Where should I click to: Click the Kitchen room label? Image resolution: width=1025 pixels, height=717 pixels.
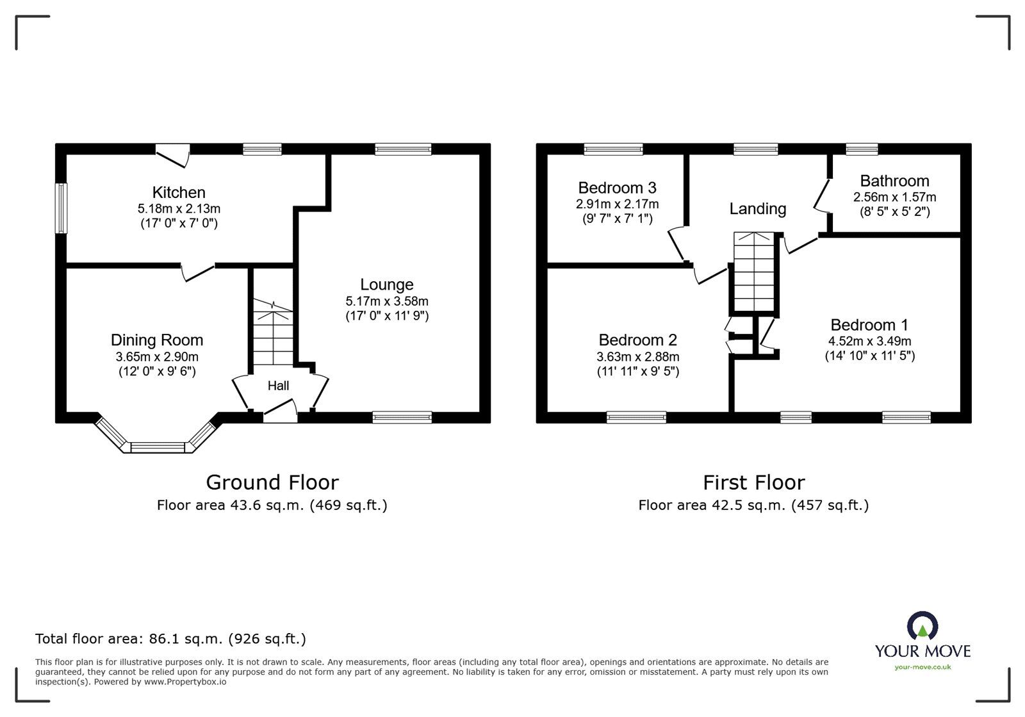[x=179, y=192]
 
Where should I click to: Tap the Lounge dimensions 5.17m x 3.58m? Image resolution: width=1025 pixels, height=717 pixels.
[x=387, y=301]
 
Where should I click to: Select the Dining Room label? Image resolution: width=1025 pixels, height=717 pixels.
[x=157, y=340]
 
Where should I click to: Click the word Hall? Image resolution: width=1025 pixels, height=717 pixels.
[x=278, y=386]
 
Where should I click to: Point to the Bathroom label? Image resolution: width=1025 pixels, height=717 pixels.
[x=894, y=181]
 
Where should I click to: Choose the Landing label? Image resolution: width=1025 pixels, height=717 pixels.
[x=758, y=209]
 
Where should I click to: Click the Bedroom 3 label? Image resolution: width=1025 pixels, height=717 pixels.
[x=618, y=188]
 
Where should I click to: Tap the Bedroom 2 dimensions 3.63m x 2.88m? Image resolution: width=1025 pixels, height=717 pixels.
[x=638, y=356]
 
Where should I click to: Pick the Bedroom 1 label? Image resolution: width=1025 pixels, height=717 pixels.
[x=869, y=325]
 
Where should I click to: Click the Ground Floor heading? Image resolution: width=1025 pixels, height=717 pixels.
[x=272, y=482]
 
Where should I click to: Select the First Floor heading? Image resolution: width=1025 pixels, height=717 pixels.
[x=753, y=482]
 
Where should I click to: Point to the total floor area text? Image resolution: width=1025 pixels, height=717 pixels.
[x=170, y=638]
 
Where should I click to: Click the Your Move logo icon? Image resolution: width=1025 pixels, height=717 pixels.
[x=922, y=625]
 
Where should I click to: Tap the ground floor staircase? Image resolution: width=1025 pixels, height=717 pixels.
[x=273, y=332]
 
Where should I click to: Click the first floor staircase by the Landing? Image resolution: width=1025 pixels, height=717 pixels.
[x=754, y=272]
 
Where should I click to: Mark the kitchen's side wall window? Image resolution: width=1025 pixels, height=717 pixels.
[x=61, y=208]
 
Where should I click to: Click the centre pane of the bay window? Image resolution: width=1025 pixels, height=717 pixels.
[x=158, y=447]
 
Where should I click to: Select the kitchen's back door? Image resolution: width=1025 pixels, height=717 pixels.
[x=172, y=156]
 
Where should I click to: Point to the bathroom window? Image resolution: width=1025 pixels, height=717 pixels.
[x=862, y=149]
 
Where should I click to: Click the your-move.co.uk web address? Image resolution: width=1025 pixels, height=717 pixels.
[x=922, y=667]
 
